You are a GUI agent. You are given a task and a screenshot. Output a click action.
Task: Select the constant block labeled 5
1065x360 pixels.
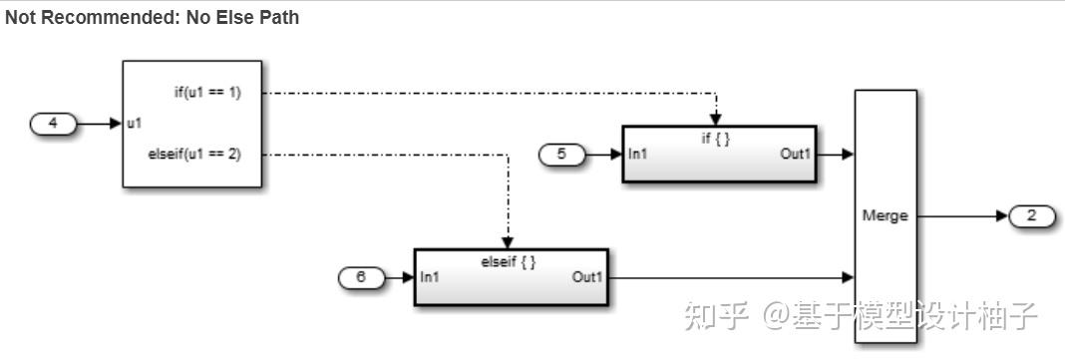point(562,155)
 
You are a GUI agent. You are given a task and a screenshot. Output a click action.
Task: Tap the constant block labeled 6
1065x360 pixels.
point(361,277)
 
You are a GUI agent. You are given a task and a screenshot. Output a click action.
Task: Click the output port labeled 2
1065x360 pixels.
point(1031,215)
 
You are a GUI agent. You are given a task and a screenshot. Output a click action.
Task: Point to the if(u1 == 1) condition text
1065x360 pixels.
point(207,93)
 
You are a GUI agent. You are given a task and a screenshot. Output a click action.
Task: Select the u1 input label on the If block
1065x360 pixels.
point(134,125)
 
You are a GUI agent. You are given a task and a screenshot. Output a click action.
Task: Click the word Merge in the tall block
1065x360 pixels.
point(885,216)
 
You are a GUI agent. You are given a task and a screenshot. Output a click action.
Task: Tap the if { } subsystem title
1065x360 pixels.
point(716,139)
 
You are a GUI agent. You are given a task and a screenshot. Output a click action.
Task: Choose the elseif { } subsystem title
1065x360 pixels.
point(510,261)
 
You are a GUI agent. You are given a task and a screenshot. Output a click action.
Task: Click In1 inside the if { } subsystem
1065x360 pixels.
point(639,155)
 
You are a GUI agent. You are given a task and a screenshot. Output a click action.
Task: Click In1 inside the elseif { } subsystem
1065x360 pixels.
point(431,277)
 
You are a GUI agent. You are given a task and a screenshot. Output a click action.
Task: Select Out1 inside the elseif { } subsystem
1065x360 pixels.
point(587,277)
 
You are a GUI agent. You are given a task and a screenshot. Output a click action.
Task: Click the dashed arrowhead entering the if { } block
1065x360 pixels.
point(715,121)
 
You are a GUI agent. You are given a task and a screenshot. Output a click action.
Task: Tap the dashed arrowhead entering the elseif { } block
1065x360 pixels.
point(508,243)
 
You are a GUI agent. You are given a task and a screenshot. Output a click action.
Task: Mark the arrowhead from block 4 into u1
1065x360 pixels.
point(116,125)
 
